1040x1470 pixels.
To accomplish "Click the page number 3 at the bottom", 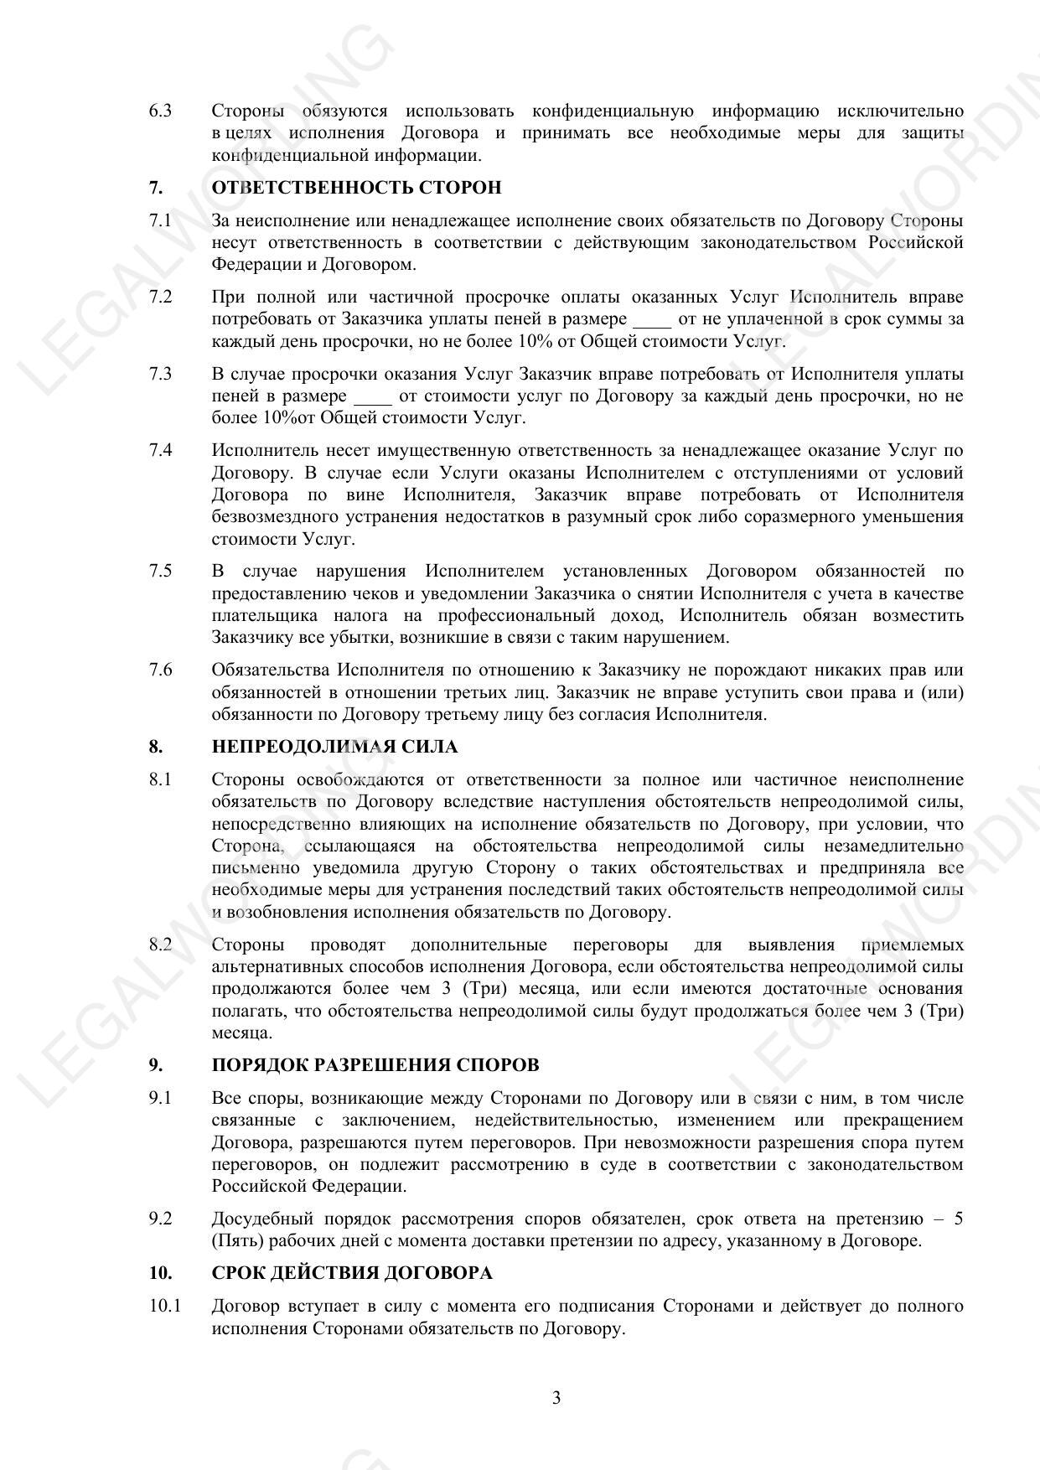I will pyautogui.click(x=556, y=1397).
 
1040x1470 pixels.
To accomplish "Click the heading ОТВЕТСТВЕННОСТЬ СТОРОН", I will pyautogui.click(x=356, y=188).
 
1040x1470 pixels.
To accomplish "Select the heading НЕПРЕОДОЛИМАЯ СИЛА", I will pyautogui.click(x=334, y=747).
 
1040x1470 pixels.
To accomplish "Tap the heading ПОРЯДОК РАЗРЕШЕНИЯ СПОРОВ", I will pyautogui.click(x=375, y=1065).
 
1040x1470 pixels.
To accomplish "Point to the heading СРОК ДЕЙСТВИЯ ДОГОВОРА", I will pyautogui.click(x=352, y=1273).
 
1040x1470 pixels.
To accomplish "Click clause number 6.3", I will pyautogui.click(x=160, y=111).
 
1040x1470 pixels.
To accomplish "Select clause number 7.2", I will pyautogui.click(x=160, y=297).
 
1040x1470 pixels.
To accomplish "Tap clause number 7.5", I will pyautogui.click(x=160, y=571).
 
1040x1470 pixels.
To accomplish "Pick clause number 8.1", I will pyautogui.click(x=160, y=779).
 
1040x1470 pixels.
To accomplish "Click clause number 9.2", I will pyautogui.click(x=160, y=1219).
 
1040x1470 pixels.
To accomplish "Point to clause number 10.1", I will pyautogui.click(x=164, y=1306).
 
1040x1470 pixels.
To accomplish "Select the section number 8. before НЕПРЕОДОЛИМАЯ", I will pyautogui.click(x=156, y=747).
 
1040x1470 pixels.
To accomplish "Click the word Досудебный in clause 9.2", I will pyautogui.click(x=262, y=1219).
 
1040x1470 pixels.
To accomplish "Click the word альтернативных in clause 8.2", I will pyautogui.click(x=275, y=966).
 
